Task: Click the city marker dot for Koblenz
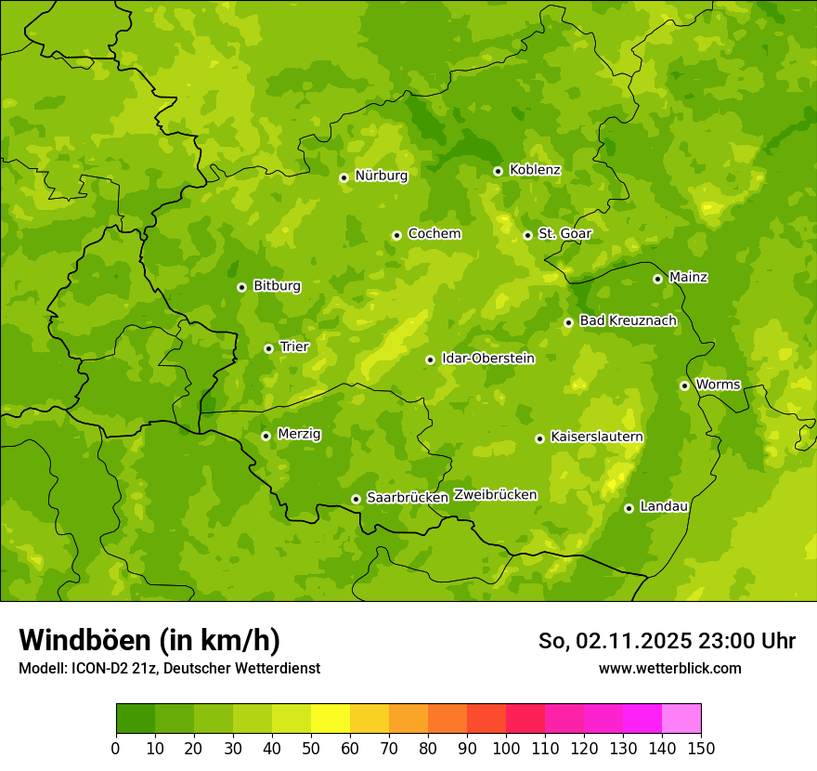click(x=499, y=171)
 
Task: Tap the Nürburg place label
click(x=381, y=176)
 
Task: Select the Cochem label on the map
click(x=434, y=234)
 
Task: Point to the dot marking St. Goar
click(x=527, y=235)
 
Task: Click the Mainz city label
click(x=688, y=278)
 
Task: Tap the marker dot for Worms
click(x=684, y=385)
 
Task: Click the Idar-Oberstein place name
click(x=487, y=359)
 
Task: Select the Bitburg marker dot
click(x=241, y=287)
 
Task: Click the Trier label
click(x=294, y=347)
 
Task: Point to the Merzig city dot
click(x=266, y=436)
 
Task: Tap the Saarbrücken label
click(x=408, y=498)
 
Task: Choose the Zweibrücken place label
click(x=495, y=495)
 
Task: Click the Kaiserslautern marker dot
click(x=539, y=438)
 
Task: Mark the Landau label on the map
click(x=664, y=507)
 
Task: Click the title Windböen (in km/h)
click(x=149, y=640)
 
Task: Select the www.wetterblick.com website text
click(x=669, y=668)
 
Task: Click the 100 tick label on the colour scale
click(x=506, y=748)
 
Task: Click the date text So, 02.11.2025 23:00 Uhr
click(x=667, y=641)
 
